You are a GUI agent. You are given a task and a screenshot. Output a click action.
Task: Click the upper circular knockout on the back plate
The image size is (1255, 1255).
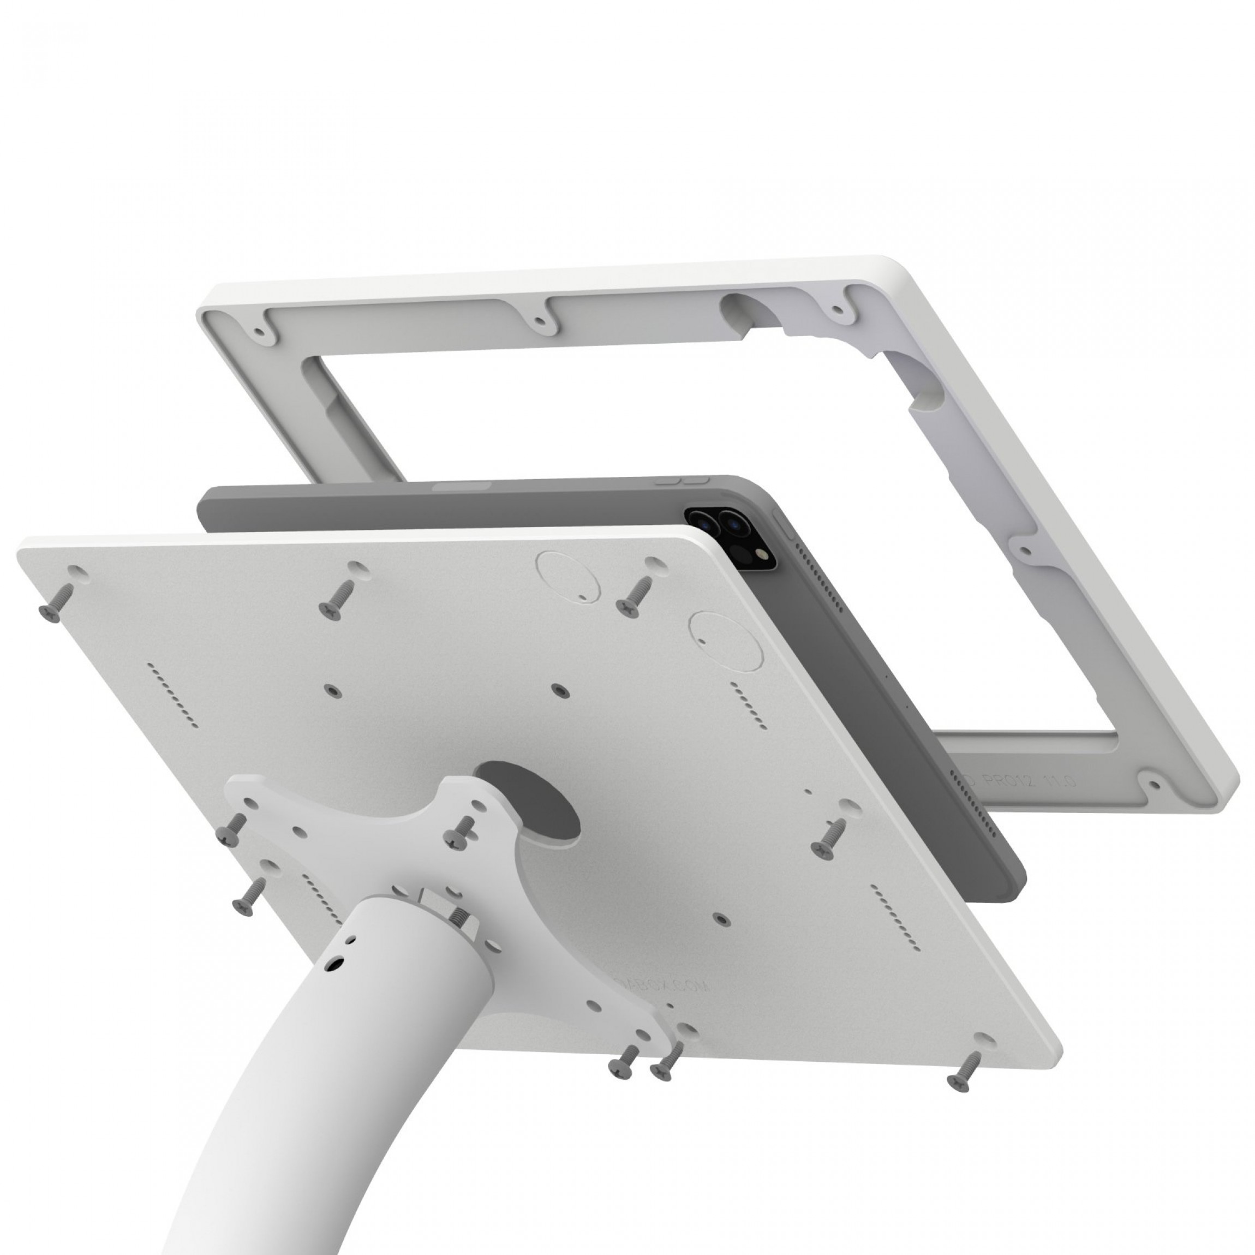pos(566,576)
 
